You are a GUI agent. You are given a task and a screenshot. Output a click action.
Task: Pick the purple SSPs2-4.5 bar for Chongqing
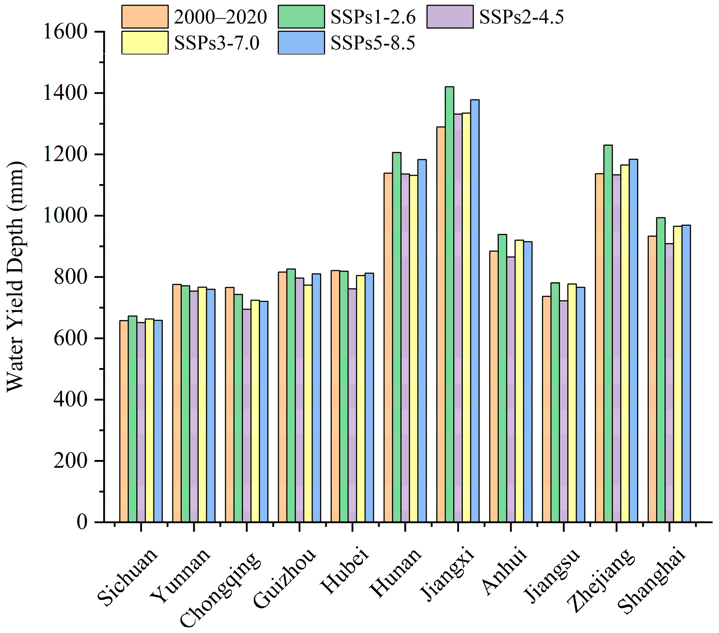(246, 415)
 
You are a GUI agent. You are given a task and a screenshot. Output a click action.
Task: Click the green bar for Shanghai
(661, 369)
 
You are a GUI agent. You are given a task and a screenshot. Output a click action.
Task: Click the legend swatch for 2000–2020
(145, 16)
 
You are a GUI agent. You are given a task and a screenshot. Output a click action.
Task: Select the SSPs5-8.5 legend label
(373, 43)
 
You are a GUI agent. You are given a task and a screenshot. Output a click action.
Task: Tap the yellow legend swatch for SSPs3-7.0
(145, 42)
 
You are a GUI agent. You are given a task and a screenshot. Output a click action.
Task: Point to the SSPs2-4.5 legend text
(521, 16)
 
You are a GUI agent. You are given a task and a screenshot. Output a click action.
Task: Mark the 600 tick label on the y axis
(70, 338)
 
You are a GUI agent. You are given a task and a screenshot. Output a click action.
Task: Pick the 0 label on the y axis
(82, 522)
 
